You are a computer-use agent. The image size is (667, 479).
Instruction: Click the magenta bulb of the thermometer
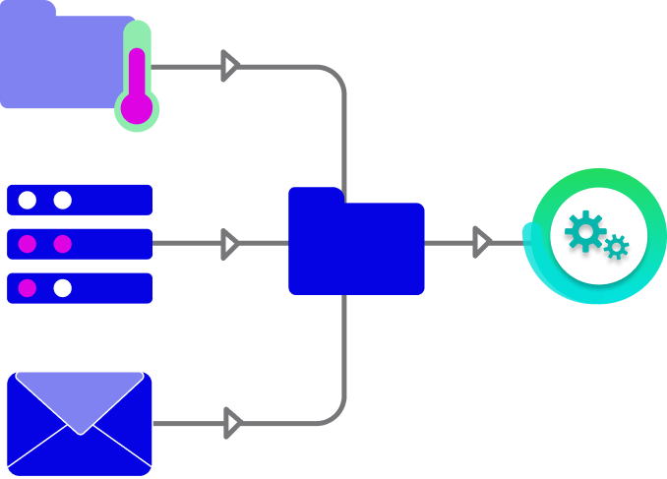(137, 107)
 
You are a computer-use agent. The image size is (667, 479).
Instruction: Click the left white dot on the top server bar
(28, 201)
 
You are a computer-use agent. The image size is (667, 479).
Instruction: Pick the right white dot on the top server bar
(63, 201)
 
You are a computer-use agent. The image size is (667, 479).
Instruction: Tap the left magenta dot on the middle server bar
(28, 244)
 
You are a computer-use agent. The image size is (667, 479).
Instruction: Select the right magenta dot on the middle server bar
(63, 244)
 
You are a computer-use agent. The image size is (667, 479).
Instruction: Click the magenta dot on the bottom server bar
(28, 288)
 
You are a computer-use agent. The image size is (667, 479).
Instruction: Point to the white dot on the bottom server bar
(63, 288)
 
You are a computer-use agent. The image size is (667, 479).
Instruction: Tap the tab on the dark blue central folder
(316, 195)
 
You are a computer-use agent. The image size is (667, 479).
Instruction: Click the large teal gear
(585, 231)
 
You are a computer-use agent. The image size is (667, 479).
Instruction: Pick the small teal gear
(617, 247)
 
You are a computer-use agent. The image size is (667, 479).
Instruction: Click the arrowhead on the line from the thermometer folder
(230, 67)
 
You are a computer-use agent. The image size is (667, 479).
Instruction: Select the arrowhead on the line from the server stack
(230, 244)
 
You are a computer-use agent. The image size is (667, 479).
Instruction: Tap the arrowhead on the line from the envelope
(232, 424)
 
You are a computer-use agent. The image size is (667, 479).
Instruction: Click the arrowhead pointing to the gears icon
(481, 242)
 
